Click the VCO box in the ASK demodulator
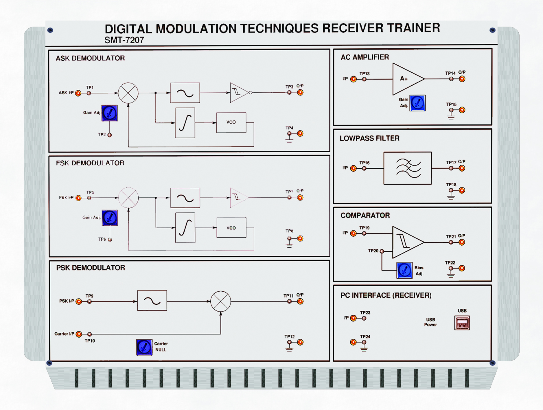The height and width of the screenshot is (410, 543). pyautogui.click(x=231, y=122)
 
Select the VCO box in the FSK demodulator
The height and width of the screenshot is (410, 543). pyautogui.click(x=231, y=228)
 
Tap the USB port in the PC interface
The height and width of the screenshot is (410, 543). pyautogui.click(x=462, y=323)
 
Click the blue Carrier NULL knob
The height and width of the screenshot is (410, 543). pyautogui.click(x=144, y=347)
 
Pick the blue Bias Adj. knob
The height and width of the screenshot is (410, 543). pyautogui.click(x=404, y=270)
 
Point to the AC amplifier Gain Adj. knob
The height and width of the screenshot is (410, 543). pyautogui.click(x=417, y=103)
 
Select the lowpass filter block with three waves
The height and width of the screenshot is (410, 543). pyautogui.click(x=407, y=168)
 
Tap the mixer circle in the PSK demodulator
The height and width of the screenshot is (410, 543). pyautogui.click(x=221, y=301)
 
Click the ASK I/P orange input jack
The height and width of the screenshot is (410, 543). pyautogui.click(x=78, y=93)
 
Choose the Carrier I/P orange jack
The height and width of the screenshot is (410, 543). pyautogui.click(x=79, y=334)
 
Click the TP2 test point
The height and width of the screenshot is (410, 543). pyautogui.click(x=110, y=135)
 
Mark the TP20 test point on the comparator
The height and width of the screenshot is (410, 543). pyautogui.click(x=382, y=251)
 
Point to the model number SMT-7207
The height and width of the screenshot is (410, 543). pyautogui.click(x=124, y=40)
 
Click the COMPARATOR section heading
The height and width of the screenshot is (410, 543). pyautogui.click(x=365, y=215)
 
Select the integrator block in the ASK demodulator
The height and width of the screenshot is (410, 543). pyautogui.click(x=185, y=123)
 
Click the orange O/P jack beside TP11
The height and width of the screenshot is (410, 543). pyautogui.click(x=300, y=301)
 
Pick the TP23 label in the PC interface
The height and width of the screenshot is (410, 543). pyautogui.click(x=365, y=312)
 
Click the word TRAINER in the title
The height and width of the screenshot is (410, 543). pyautogui.click(x=414, y=28)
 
